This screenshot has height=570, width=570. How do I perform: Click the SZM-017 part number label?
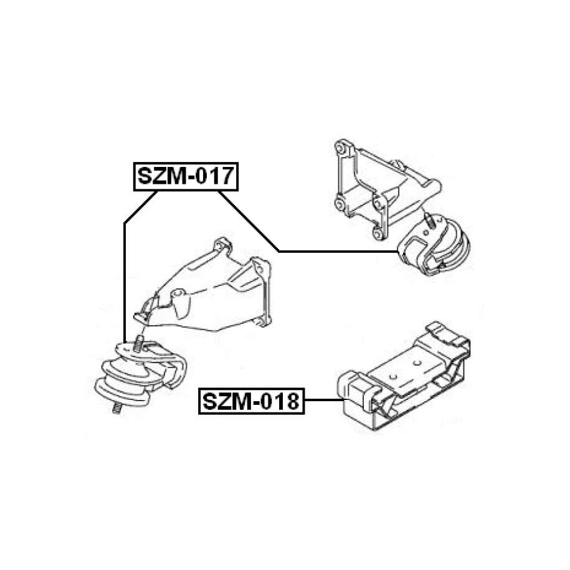[x=186, y=177]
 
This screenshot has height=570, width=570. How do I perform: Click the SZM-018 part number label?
[x=251, y=402]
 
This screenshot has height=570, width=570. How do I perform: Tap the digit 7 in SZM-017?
[x=225, y=176]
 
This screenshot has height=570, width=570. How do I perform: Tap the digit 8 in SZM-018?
[x=290, y=402]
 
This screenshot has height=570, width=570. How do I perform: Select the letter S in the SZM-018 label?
[x=210, y=402]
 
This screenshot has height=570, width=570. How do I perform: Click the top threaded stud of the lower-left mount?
[x=139, y=343]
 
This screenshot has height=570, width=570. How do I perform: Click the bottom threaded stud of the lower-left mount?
[x=116, y=408]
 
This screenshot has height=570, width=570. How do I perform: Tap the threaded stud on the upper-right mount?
[x=430, y=221]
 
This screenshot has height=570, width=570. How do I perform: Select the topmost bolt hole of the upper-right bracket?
[x=340, y=147]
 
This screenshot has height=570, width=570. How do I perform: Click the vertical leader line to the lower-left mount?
[x=125, y=282]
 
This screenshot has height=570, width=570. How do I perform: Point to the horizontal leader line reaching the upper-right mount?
[x=338, y=251]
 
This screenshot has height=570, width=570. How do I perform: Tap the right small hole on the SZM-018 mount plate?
[x=417, y=363]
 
